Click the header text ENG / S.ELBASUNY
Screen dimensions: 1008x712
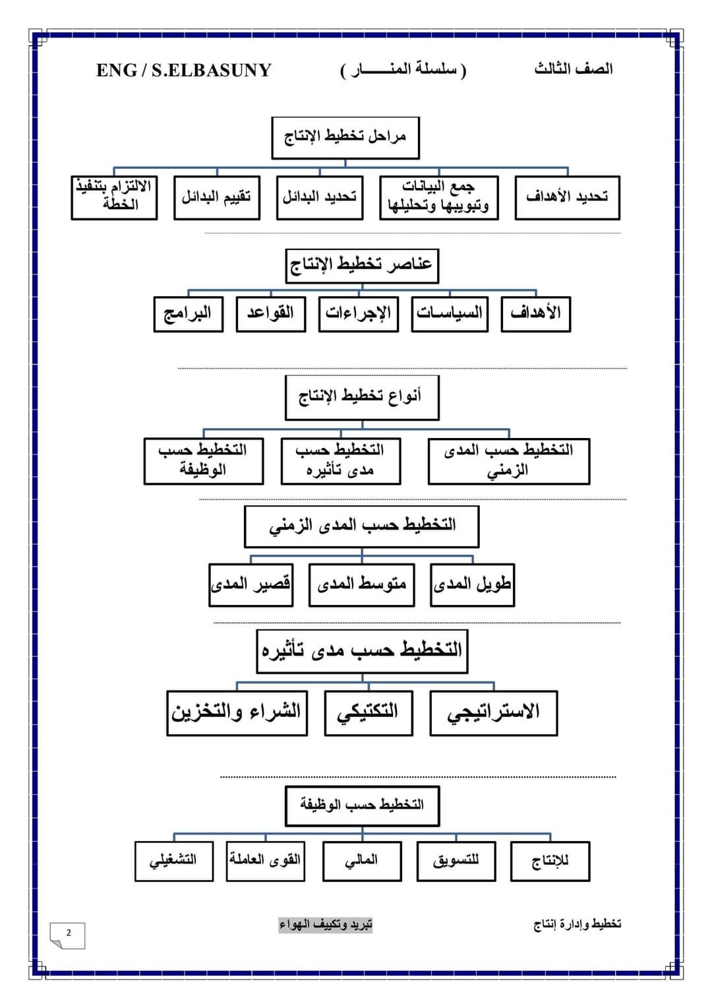click(x=183, y=70)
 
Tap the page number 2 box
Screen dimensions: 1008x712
click(x=68, y=934)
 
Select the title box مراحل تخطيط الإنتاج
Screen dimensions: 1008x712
click(x=345, y=137)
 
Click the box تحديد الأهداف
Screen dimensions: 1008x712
click(x=567, y=197)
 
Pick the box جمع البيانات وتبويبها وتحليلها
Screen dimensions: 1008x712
click(x=438, y=197)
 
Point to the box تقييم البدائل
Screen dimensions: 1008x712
click(x=216, y=197)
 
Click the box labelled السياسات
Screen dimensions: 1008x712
click(x=450, y=313)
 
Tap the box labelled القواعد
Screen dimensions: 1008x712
click(x=270, y=313)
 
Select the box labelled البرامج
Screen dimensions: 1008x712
click(x=188, y=313)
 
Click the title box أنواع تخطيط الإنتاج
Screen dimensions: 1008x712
click(x=361, y=397)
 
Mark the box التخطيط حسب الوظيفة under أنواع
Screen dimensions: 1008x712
click(x=203, y=460)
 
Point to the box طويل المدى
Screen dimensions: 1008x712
click(x=472, y=584)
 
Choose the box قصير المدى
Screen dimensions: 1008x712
click(x=251, y=584)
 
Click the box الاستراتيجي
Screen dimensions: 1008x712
click(x=493, y=712)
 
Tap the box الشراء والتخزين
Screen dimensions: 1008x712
click(x=237, y=712)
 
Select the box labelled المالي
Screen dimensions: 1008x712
click(x=361, y=860)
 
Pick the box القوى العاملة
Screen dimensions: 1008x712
click(x=265, y=860)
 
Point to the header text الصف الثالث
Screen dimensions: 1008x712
click(x=573, y=69)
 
